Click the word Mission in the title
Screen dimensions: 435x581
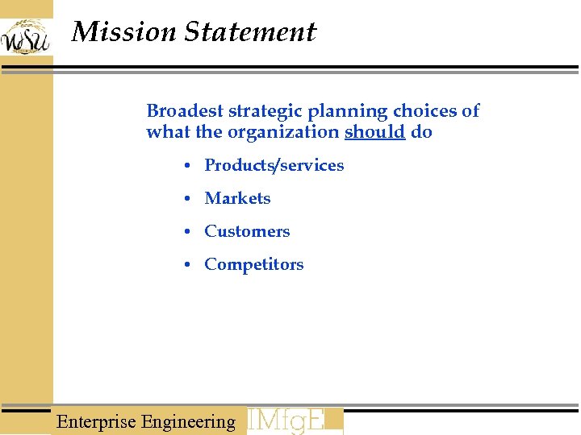coord(123,32)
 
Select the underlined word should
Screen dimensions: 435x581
coord(374,132)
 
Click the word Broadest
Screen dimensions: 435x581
coord(185,111)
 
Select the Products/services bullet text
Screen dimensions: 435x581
coord(274,165)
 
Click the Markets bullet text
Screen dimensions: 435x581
coord(237,198)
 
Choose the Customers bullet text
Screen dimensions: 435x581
coord(247,231)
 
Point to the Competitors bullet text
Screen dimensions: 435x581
coord(254,264)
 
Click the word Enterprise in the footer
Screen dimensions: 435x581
coord(96,421)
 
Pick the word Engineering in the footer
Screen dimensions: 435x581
coord(188,421)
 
